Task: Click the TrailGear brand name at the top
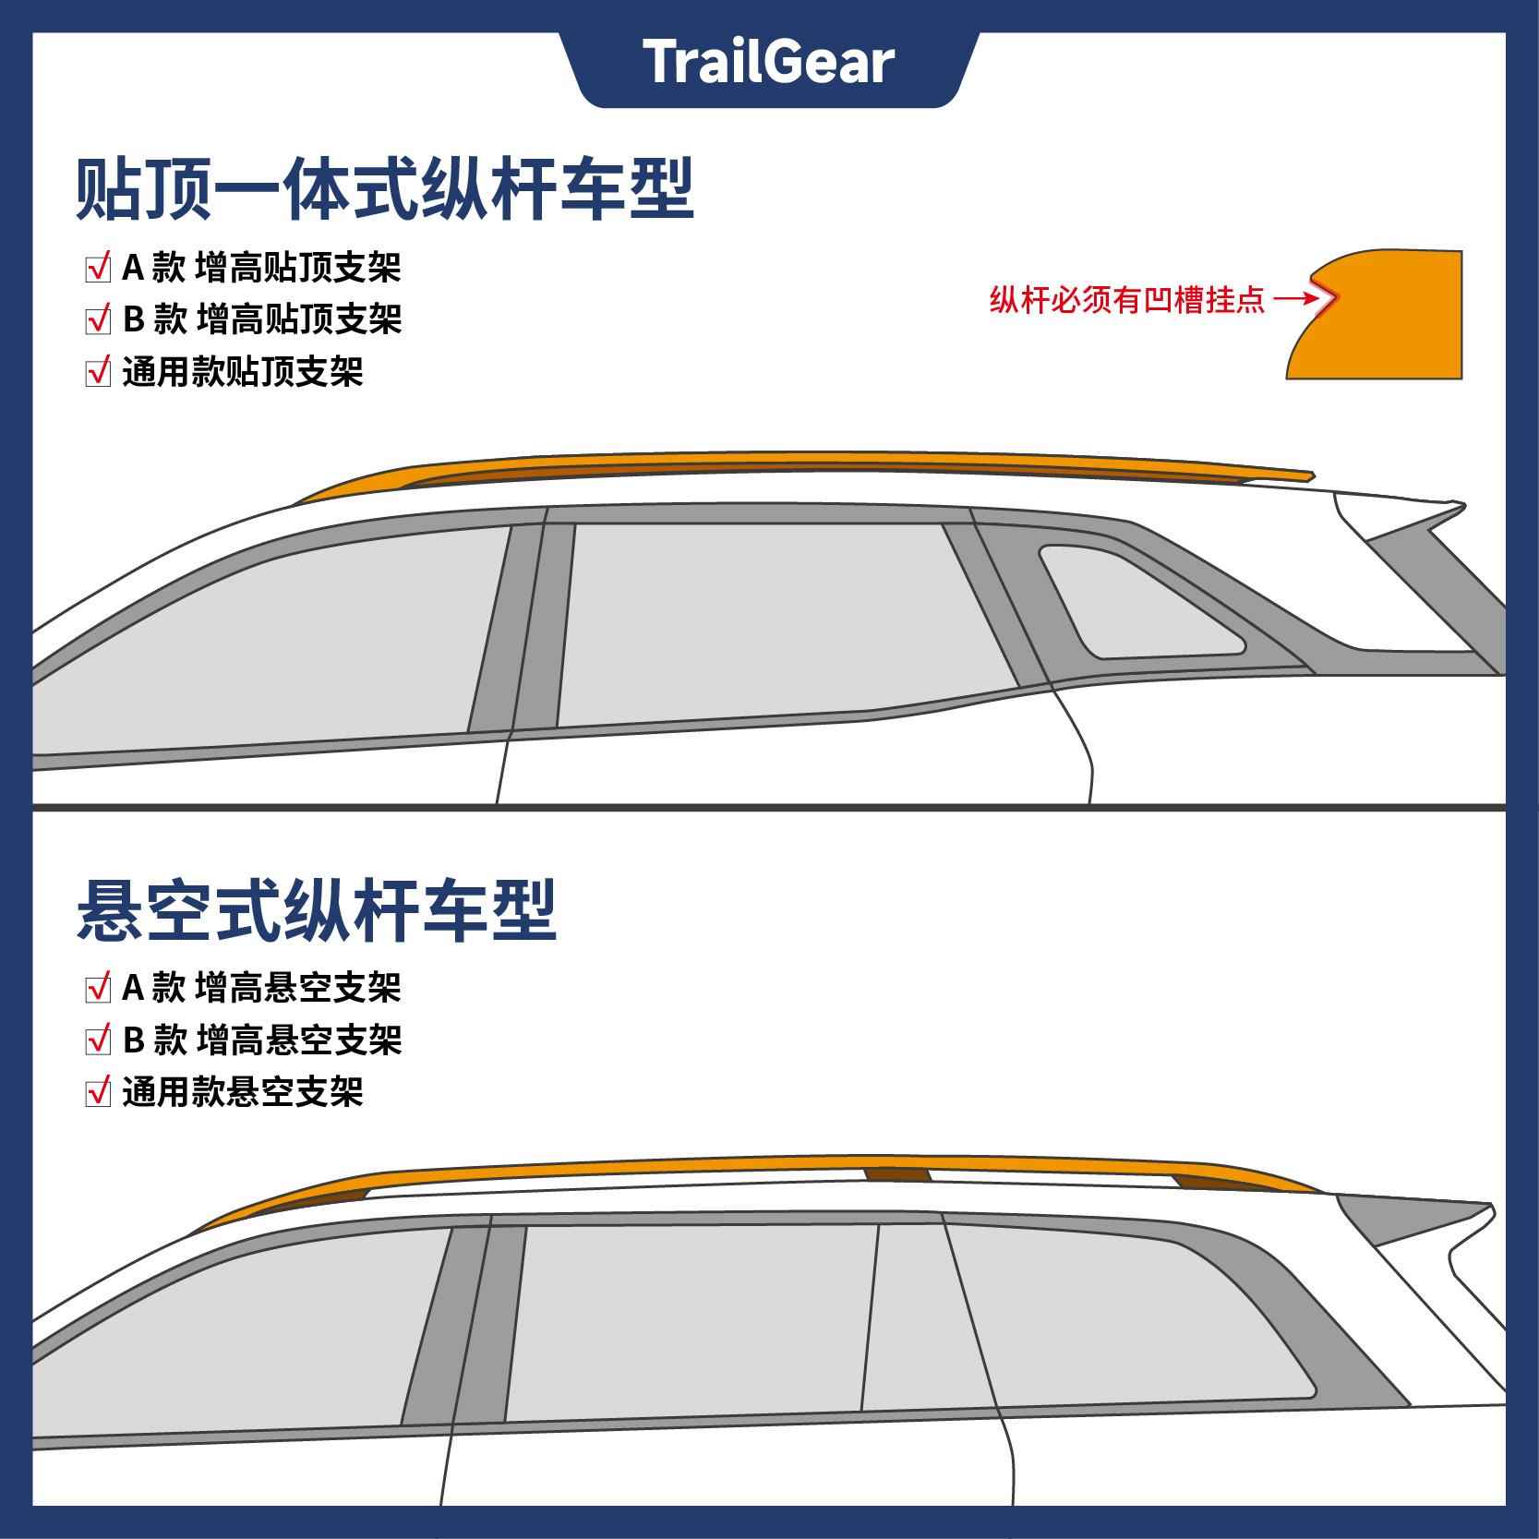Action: point(768,63)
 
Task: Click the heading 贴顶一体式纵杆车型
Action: point(384,190)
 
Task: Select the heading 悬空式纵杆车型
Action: point(317,910)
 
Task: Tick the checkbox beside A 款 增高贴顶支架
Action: point(98,269)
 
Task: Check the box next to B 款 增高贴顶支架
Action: point(98,320)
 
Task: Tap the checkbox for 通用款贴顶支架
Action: point(98,372)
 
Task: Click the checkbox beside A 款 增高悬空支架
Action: point(98,989)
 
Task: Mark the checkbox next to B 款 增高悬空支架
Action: point(98,1040)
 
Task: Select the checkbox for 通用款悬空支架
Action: point(98,1092)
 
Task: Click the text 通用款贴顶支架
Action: point(243,372)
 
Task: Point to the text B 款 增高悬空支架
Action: point(262,1040)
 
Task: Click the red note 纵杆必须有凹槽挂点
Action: point(1127,300)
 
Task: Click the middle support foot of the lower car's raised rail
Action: point(896,1174)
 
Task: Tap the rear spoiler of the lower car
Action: point(1422,1219)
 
